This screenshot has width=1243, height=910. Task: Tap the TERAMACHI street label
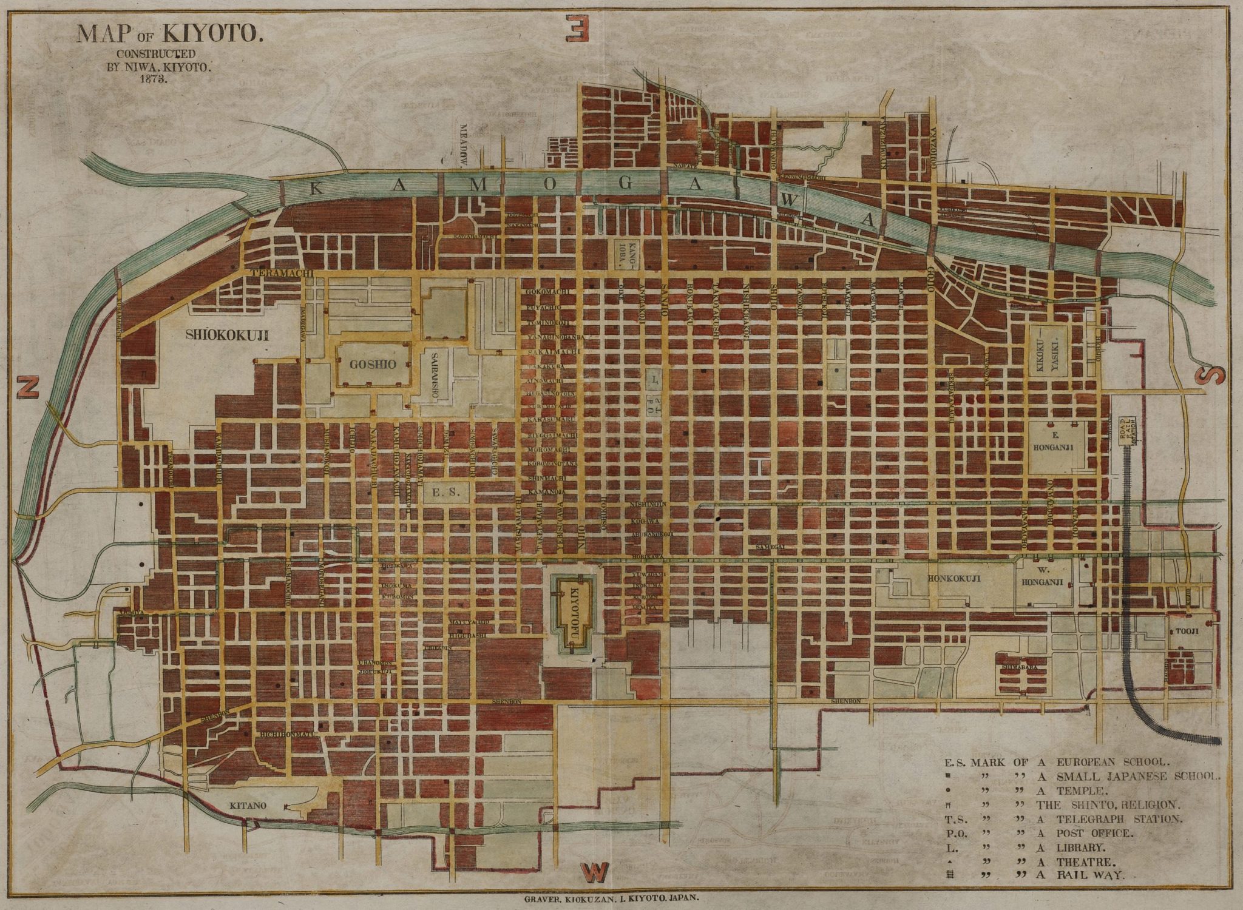tap(282, 274)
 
